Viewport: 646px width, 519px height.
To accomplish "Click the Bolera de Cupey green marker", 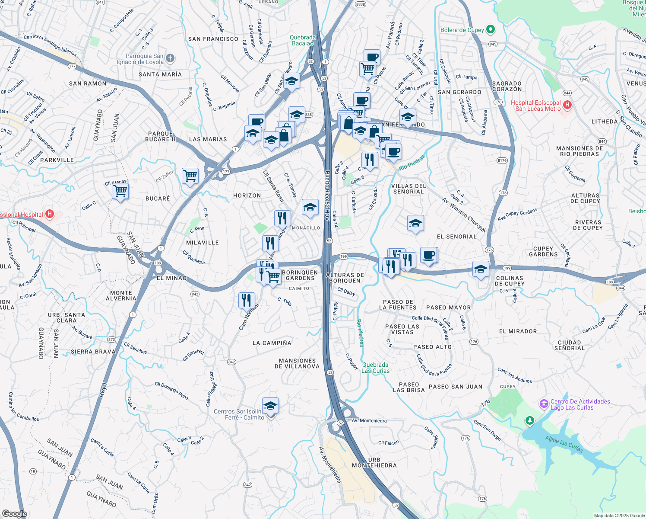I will coord(490,30).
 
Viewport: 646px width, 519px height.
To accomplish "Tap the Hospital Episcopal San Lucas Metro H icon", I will coord(567,105).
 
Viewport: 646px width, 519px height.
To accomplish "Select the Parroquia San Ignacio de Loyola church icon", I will coord(170,58).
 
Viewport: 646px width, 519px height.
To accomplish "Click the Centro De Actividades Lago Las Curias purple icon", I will coord(544,404).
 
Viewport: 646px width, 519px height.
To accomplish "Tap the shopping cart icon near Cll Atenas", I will coord(120,191).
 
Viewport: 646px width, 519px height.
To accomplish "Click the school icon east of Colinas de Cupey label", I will coord(481,269).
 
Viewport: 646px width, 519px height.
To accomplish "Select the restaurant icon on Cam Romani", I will coord(247,300).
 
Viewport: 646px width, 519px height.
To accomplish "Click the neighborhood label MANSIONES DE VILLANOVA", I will coord(297,363).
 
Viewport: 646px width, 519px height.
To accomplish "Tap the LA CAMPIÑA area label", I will coord(272,343).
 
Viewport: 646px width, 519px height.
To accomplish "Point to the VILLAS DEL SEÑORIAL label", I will coord(408,189).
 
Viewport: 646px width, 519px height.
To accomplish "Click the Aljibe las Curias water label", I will coord(564,445).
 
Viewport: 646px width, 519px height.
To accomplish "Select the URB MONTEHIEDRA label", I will coord(374,463).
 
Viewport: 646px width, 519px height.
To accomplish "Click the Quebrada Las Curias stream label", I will coord(375,368).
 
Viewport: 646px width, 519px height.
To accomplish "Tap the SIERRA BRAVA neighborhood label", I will coord(93,352).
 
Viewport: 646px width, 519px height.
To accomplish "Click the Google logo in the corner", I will coord(14,513).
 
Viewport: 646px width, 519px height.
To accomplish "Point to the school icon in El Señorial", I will coord(415,223).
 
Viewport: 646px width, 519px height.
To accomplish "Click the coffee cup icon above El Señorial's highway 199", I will coord(429,255).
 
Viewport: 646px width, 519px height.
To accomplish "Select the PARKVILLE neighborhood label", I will coord(57,160).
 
